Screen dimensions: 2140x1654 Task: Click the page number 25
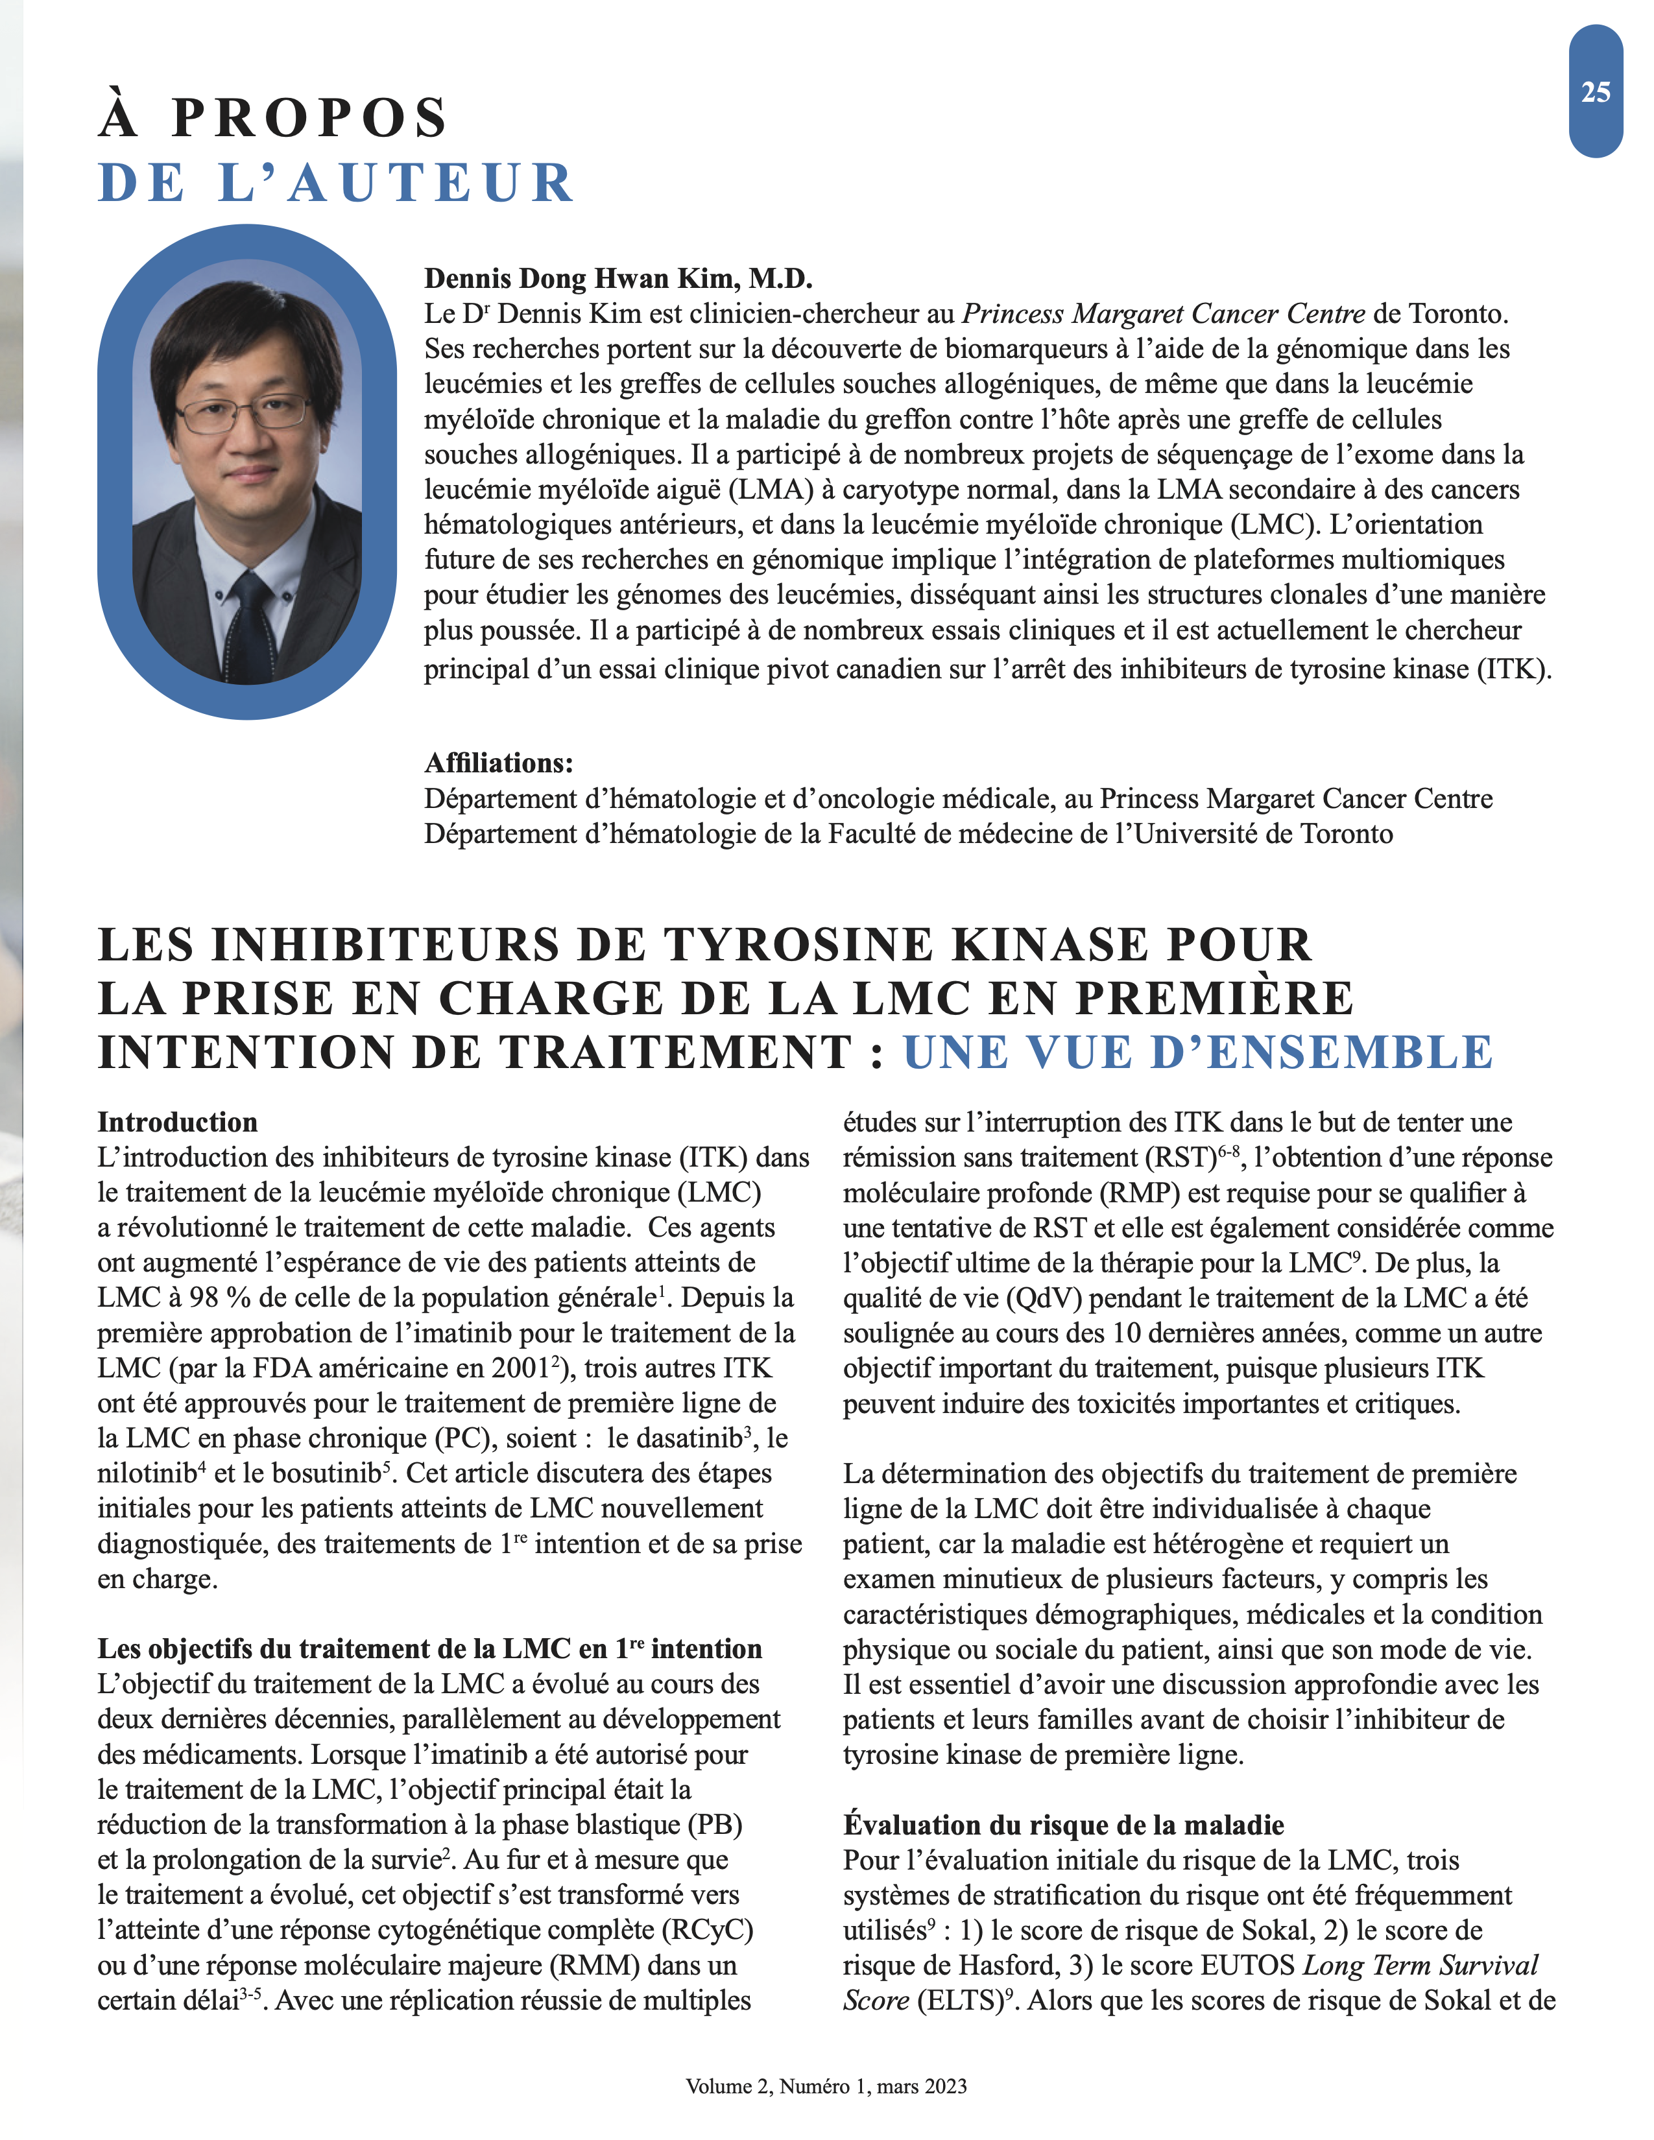(1595, 92)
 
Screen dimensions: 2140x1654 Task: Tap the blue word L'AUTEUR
(396, 184)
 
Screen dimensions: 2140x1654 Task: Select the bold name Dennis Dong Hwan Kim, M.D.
(618, 279)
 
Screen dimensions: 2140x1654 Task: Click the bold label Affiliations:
(499, 763)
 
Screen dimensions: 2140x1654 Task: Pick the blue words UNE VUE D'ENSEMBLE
(1197, 1052)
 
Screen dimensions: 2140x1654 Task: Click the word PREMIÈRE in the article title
(1214, 999)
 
